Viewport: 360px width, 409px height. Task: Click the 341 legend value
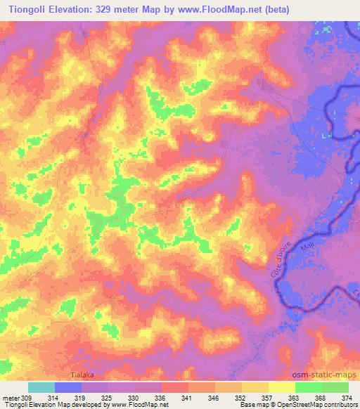pos(188,398)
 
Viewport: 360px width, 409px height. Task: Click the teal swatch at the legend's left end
pos(42,387)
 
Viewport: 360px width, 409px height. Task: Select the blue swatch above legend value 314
pos(68,387)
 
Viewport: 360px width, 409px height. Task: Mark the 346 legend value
pos(213,398)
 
